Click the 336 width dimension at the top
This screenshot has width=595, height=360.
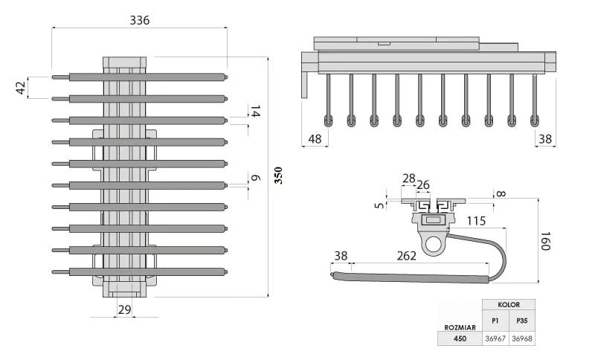pos(140,20)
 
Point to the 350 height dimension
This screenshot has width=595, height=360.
pos(278,176)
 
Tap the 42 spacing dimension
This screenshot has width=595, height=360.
pos(21,87)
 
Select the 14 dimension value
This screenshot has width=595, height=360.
pos(255,112)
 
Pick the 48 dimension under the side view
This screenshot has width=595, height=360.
pos(315,138)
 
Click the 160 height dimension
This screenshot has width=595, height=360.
pos(545,241)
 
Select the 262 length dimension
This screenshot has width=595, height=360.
pos(406,255)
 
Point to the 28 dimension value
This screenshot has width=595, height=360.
pos(409,178)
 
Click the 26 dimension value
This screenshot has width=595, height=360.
pos(422,185)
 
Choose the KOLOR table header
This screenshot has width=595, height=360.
pos(509,305)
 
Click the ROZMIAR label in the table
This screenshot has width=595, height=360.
pos(459,327)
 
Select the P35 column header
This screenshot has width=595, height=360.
pos(521,321)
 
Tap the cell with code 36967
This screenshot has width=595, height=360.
pos(495,338)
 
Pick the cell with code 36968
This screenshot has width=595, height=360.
pos(521,338)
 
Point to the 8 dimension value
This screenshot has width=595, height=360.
pos(500,195)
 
